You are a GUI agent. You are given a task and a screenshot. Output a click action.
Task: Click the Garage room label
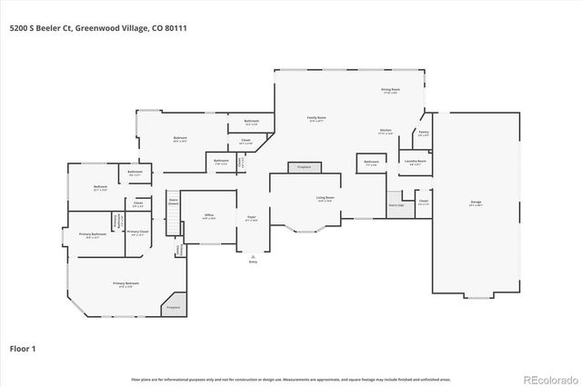tap(476, 202)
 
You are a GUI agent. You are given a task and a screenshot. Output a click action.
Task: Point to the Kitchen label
tap(386, 131)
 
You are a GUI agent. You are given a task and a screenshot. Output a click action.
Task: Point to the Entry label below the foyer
tap(252, 261)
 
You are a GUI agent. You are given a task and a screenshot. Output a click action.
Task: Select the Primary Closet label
tap(137, 233)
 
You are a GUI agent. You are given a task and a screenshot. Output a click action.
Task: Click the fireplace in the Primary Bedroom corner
tap(174, 307)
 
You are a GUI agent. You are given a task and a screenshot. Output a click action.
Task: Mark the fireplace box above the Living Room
tap(304, 167)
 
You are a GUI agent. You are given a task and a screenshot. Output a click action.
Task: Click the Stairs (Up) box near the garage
tap(395, 206)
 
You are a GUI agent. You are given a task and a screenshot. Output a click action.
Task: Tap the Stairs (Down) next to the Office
tap(173, 202)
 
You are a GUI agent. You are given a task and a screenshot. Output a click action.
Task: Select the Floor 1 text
tap(23, 348)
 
